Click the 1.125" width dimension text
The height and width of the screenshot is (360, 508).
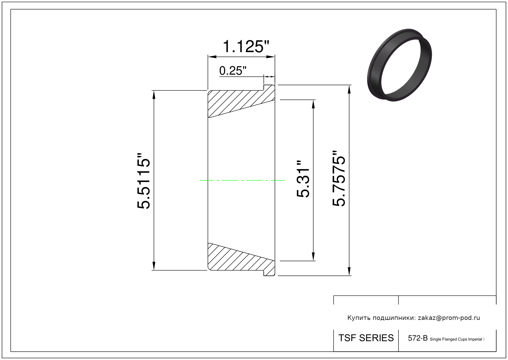pos(246,47)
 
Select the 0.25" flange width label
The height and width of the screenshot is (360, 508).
pos(233,71)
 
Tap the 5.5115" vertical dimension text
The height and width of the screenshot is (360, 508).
pos(143,181)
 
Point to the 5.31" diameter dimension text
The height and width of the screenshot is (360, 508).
pos(303,179)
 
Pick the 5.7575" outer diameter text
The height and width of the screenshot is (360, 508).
pos(339,178)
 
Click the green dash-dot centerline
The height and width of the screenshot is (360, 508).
pos(242,180)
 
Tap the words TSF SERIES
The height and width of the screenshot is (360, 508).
pos(366,338)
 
